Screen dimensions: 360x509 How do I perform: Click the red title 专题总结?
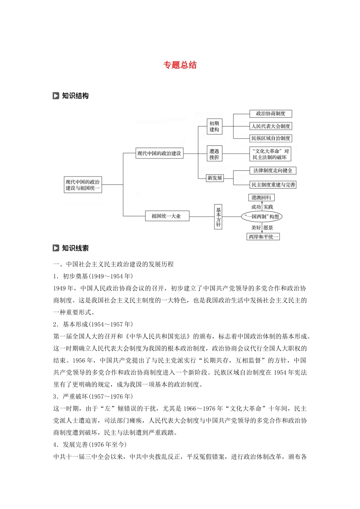(180, 65)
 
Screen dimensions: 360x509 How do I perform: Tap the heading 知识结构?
(75, 96)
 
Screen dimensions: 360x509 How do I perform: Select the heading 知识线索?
(75, 248)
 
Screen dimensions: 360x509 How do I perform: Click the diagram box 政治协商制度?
(271, 114)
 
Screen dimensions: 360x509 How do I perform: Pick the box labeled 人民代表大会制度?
(271, 126)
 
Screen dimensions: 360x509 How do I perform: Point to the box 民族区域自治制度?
(271, 138)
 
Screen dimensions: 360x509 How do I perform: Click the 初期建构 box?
(214, 126)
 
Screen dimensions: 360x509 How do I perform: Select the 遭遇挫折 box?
(214, 154)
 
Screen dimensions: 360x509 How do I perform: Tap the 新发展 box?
(215, 178)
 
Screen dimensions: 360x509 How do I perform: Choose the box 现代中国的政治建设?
(159, 153)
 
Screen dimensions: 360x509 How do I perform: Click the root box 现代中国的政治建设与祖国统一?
(83, 185)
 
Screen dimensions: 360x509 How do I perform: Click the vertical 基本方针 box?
(218, 217)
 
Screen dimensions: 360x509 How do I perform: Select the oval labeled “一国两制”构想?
(262, 217)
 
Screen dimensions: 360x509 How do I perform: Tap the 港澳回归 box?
(261, 198)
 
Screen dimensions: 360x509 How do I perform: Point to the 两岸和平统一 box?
(263, 237)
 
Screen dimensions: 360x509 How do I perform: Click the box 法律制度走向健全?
(273, 171)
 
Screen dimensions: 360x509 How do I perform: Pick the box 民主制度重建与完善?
(273, 185)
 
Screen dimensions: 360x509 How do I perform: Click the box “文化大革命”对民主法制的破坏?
(270, 154)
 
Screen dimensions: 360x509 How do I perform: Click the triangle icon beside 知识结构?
(56, 96)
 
